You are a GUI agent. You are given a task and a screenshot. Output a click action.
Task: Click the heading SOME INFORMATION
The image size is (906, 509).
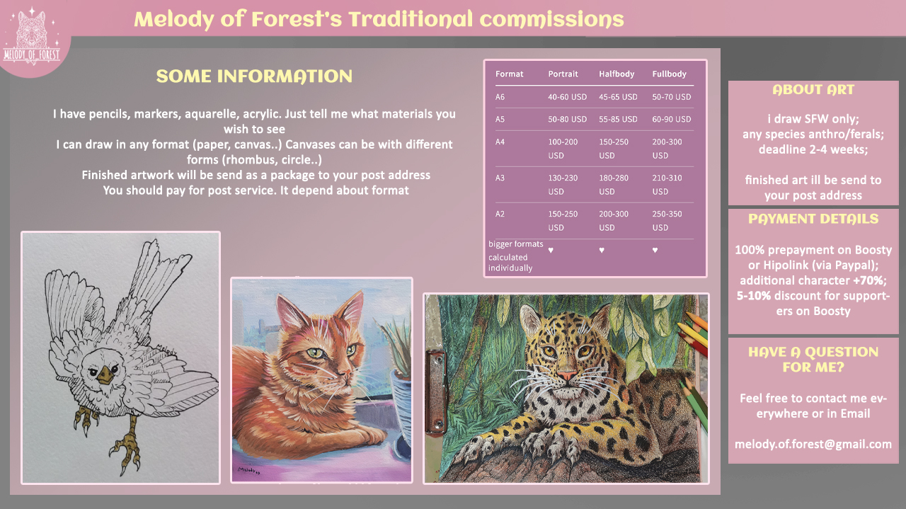pyautogui.click(x=254, y=76)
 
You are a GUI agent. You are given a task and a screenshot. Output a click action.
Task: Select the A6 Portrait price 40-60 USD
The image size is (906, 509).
pyautogui.click(x=567, y=97)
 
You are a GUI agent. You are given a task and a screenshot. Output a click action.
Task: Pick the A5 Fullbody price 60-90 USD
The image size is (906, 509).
pyautogui.click(x=672, y=120)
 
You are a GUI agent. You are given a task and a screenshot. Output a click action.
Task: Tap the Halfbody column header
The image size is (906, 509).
pyautogui.click(x=617, y=74)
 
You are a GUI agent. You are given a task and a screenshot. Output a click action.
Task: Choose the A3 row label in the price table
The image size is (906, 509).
pyautogui.click(x=500, y=178)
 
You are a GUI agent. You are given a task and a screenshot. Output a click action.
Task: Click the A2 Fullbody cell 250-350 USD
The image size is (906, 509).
pyautogui.click(x=667, y=220)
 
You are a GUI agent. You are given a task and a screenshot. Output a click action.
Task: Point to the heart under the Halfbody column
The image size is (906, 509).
pyautogui.click(x=602, y=250)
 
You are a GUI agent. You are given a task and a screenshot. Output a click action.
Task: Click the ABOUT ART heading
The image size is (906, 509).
pyautogui.click(x=813, y=89)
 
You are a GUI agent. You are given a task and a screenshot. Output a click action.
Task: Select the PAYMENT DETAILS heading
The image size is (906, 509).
pyautogui.click(x=813, y=219)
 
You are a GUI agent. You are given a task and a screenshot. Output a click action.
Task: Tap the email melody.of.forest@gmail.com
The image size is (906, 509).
pyautogui.click(x=813, y=445)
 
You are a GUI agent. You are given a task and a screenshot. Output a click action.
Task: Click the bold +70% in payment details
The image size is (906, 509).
pyautogui.click(x=870, y=280)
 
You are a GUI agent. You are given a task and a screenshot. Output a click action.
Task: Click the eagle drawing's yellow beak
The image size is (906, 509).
pyautogui.click(x=105, y=374)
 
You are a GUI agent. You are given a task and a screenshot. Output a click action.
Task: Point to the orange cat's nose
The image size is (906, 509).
pyautogui.click(x=347, y=370)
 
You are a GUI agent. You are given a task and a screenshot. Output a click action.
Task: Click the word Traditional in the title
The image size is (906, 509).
pyautogui.click(x=411, y=19)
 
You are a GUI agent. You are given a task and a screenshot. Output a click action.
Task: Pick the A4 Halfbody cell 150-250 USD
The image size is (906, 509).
pyautogui.click(x=614, y=149)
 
